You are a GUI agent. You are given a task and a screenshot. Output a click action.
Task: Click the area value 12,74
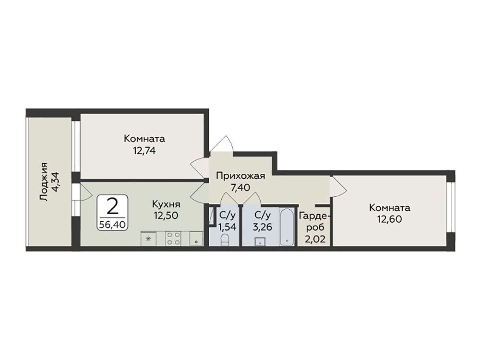coord(144,151)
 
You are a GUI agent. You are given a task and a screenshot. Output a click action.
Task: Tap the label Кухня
coord(166,204)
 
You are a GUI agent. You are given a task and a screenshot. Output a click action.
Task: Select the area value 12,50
coord(166,216)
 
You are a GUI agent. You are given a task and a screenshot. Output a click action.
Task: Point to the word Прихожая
coord(240,176)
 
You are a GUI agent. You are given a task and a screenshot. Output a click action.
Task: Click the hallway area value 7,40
coord(240,187)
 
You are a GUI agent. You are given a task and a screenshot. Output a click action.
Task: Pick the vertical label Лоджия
coord(44,182)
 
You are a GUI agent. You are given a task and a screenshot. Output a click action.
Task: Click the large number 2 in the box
coord(112,206)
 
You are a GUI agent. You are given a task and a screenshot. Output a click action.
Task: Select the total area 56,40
coord(112,225)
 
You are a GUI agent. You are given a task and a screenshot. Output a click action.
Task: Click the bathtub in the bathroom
coord(287,227)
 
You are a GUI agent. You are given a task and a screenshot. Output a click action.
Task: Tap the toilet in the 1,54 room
coord(225,240)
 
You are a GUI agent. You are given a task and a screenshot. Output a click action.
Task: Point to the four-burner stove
coord(174,239)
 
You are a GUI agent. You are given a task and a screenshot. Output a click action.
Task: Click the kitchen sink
coord(196,239)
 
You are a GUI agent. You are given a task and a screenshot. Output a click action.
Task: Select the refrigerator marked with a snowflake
coord(149,239)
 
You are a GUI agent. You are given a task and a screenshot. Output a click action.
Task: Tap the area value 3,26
coord(262,227)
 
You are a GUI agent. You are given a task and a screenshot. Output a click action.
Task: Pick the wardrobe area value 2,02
coord(315,239)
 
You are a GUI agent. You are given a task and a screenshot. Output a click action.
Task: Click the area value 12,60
coord(389,219)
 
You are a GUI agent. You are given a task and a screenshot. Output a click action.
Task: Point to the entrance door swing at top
coord(223,144)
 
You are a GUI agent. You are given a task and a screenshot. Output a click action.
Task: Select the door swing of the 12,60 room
coord(338,187)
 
